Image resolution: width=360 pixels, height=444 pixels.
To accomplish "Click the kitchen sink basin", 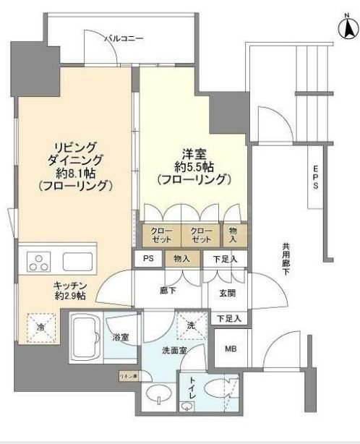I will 78,261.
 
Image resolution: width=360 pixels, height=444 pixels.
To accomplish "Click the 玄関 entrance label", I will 218,294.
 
